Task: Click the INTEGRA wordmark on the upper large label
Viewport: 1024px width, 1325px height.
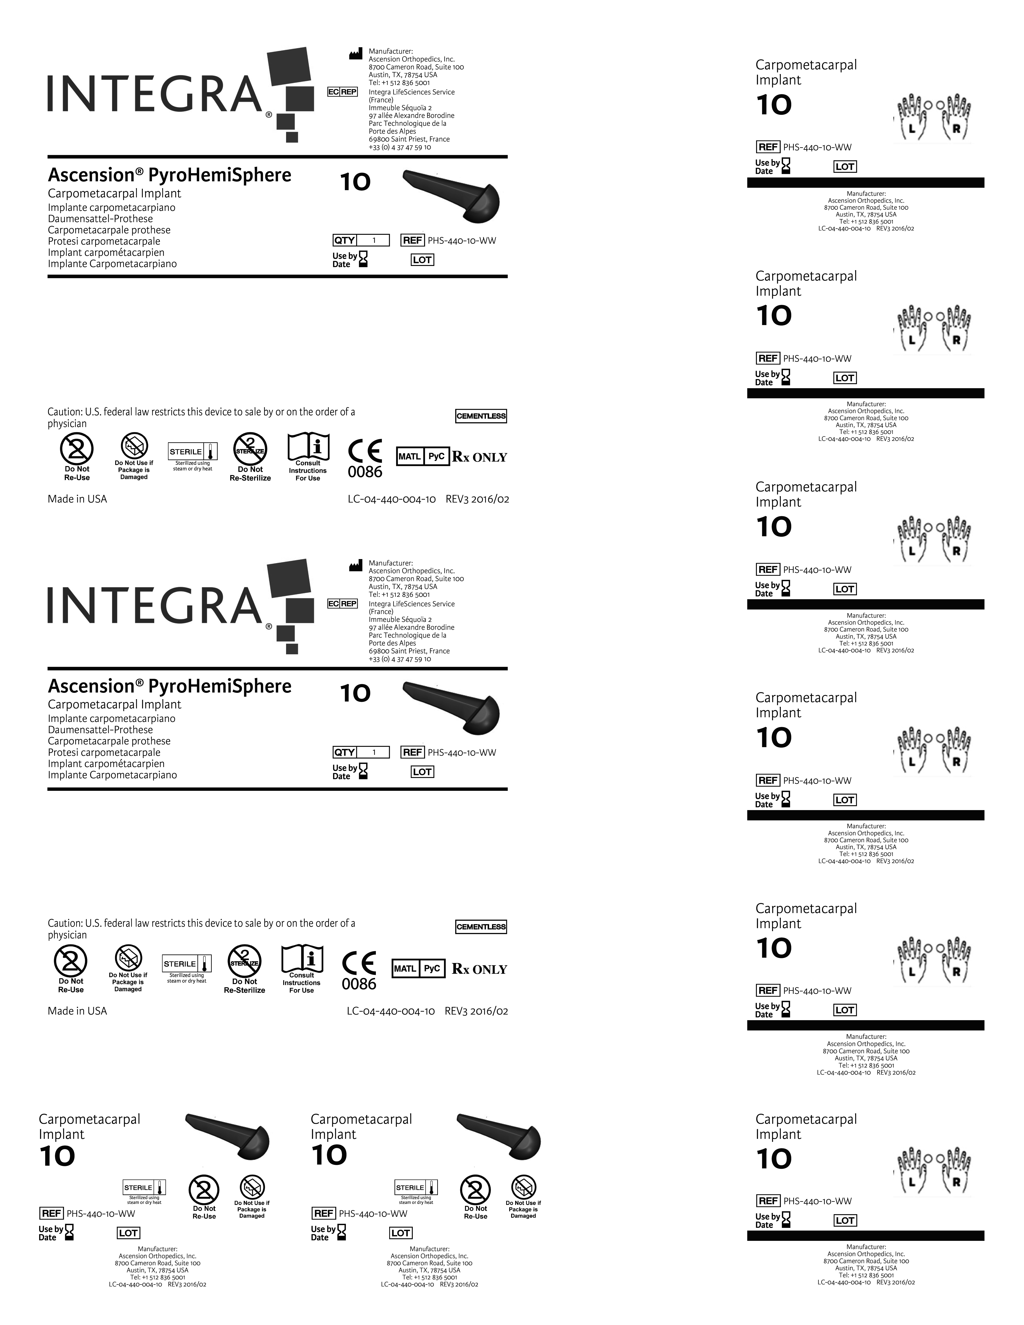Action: pos(155,94)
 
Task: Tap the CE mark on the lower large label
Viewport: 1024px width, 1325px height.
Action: pos(359,963)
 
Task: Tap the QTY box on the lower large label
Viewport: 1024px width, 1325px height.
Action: pos(361,752)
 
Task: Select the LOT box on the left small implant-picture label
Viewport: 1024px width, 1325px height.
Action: pos(128,1233)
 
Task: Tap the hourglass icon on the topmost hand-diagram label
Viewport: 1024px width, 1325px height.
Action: pos(786,166)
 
